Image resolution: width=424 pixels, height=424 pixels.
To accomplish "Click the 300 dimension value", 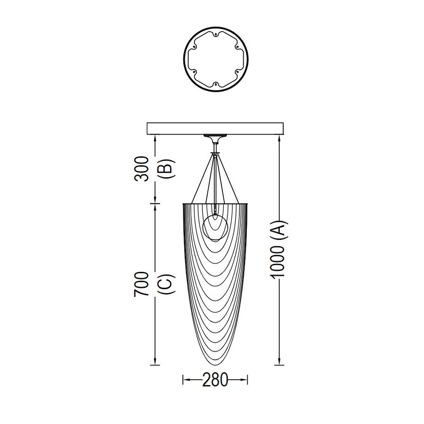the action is [x=141, y=169].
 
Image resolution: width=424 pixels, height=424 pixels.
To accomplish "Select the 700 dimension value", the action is [x=141, y=284].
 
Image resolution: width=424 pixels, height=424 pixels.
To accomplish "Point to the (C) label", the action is [x=166, y=284].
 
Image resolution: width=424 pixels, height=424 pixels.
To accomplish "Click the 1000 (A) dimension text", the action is [x=277, y=250].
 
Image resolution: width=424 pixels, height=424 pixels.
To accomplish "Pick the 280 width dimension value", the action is [x=215, y=379].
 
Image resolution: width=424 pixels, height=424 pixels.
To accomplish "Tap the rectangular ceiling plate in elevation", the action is [x=215, y=129].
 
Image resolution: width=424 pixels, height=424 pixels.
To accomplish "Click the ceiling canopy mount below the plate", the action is [x=215, y=137].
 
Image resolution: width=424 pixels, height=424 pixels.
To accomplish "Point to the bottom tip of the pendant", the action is [x=215, y=365].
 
